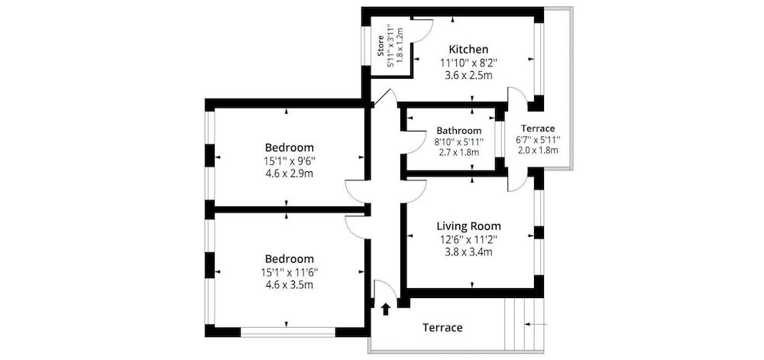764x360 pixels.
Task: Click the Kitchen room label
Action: point(468,49)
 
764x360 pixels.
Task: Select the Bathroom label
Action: point(458,131)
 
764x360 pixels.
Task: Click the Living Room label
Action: point(468,225)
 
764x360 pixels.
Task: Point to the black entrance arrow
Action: point(385,309)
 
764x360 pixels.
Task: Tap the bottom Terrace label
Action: point(442,328)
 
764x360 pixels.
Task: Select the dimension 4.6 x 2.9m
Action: point(290,174)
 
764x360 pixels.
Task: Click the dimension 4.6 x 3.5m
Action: point(290,285)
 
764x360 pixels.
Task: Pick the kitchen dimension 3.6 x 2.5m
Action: point(468,76)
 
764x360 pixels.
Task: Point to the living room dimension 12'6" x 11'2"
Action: point(468,239)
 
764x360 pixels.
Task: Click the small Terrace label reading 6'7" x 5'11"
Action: point(539,140)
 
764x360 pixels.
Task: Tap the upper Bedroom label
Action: point(290,147)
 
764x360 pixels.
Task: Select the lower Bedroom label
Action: point(290,258)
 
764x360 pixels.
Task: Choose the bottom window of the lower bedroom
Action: point(288,332)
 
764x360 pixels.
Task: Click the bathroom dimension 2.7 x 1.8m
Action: point(458,152)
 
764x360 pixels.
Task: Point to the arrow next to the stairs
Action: point(538,326)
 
